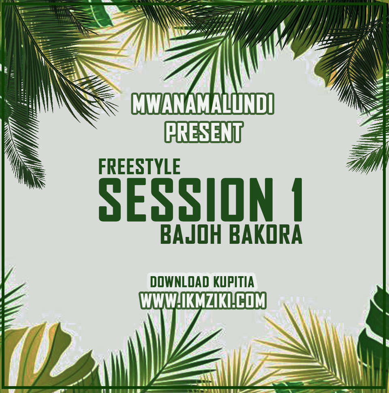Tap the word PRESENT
204,132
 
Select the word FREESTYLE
139,167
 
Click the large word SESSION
186,200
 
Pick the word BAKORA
266,235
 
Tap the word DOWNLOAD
180,282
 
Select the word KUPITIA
233,282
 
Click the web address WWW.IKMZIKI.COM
203,300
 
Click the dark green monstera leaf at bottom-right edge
374,333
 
